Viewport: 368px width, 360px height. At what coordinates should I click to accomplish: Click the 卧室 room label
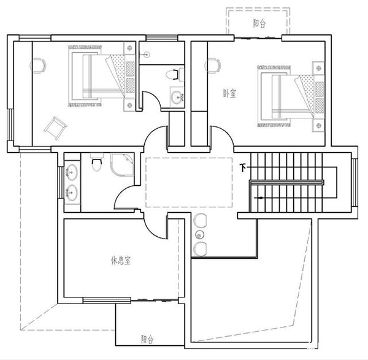pyautogui.click(x=231, y=93)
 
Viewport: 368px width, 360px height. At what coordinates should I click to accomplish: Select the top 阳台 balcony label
pyautogui.click(x=259, y=23)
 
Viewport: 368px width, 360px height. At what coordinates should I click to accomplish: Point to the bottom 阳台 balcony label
pyautogui.click(x=147, y=338)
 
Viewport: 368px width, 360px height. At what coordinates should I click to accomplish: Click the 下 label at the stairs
pyautogui.click(x=243, y=167)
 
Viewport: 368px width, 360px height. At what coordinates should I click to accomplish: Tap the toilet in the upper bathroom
pyautogui.click(x=174, y=75)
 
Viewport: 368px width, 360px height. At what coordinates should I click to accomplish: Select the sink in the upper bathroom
pyautogui.click(x=177, y=97)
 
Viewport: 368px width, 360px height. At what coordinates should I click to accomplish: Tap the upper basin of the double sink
pyautogui.click(x=72, y=171)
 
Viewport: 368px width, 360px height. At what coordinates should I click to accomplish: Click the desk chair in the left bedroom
pyautogui.click(x=38, y=63)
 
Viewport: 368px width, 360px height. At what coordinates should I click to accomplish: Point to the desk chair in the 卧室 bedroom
pyautogui.click(x=214, y=64)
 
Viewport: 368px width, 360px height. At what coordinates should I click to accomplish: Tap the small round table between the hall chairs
pyautogui.click(x=199, y=235)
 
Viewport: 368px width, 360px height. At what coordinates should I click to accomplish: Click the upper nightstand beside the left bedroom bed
pyautogui.click(x=129, y=50)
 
